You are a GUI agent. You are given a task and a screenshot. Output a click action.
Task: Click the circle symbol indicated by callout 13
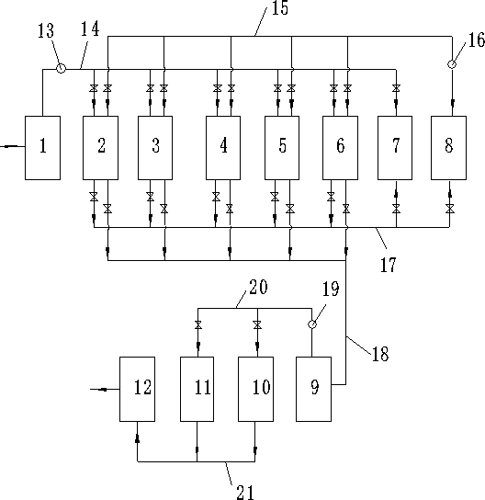[61, 68]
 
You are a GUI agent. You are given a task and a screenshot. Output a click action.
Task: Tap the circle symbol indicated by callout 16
[452, 64]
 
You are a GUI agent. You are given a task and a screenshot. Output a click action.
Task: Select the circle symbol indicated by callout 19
[312, 324]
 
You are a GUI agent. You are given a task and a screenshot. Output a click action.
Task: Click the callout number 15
[280, 8]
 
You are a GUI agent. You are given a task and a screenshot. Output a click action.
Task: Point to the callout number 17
[389, 265]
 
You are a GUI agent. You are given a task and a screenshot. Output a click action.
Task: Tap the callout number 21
[245, 492]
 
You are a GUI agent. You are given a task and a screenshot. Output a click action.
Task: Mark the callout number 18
[380, 354]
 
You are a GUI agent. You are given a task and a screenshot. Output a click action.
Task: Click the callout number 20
[258, 287]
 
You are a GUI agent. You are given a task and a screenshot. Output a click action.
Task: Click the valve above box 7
[396, 88]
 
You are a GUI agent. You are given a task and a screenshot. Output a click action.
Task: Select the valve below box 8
[449, 209]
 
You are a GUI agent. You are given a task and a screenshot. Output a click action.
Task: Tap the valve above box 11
[197, 325]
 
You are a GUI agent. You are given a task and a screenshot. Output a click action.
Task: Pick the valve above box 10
[257, 325]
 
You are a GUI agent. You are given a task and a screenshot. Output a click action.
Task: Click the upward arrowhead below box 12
[138, 438]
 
